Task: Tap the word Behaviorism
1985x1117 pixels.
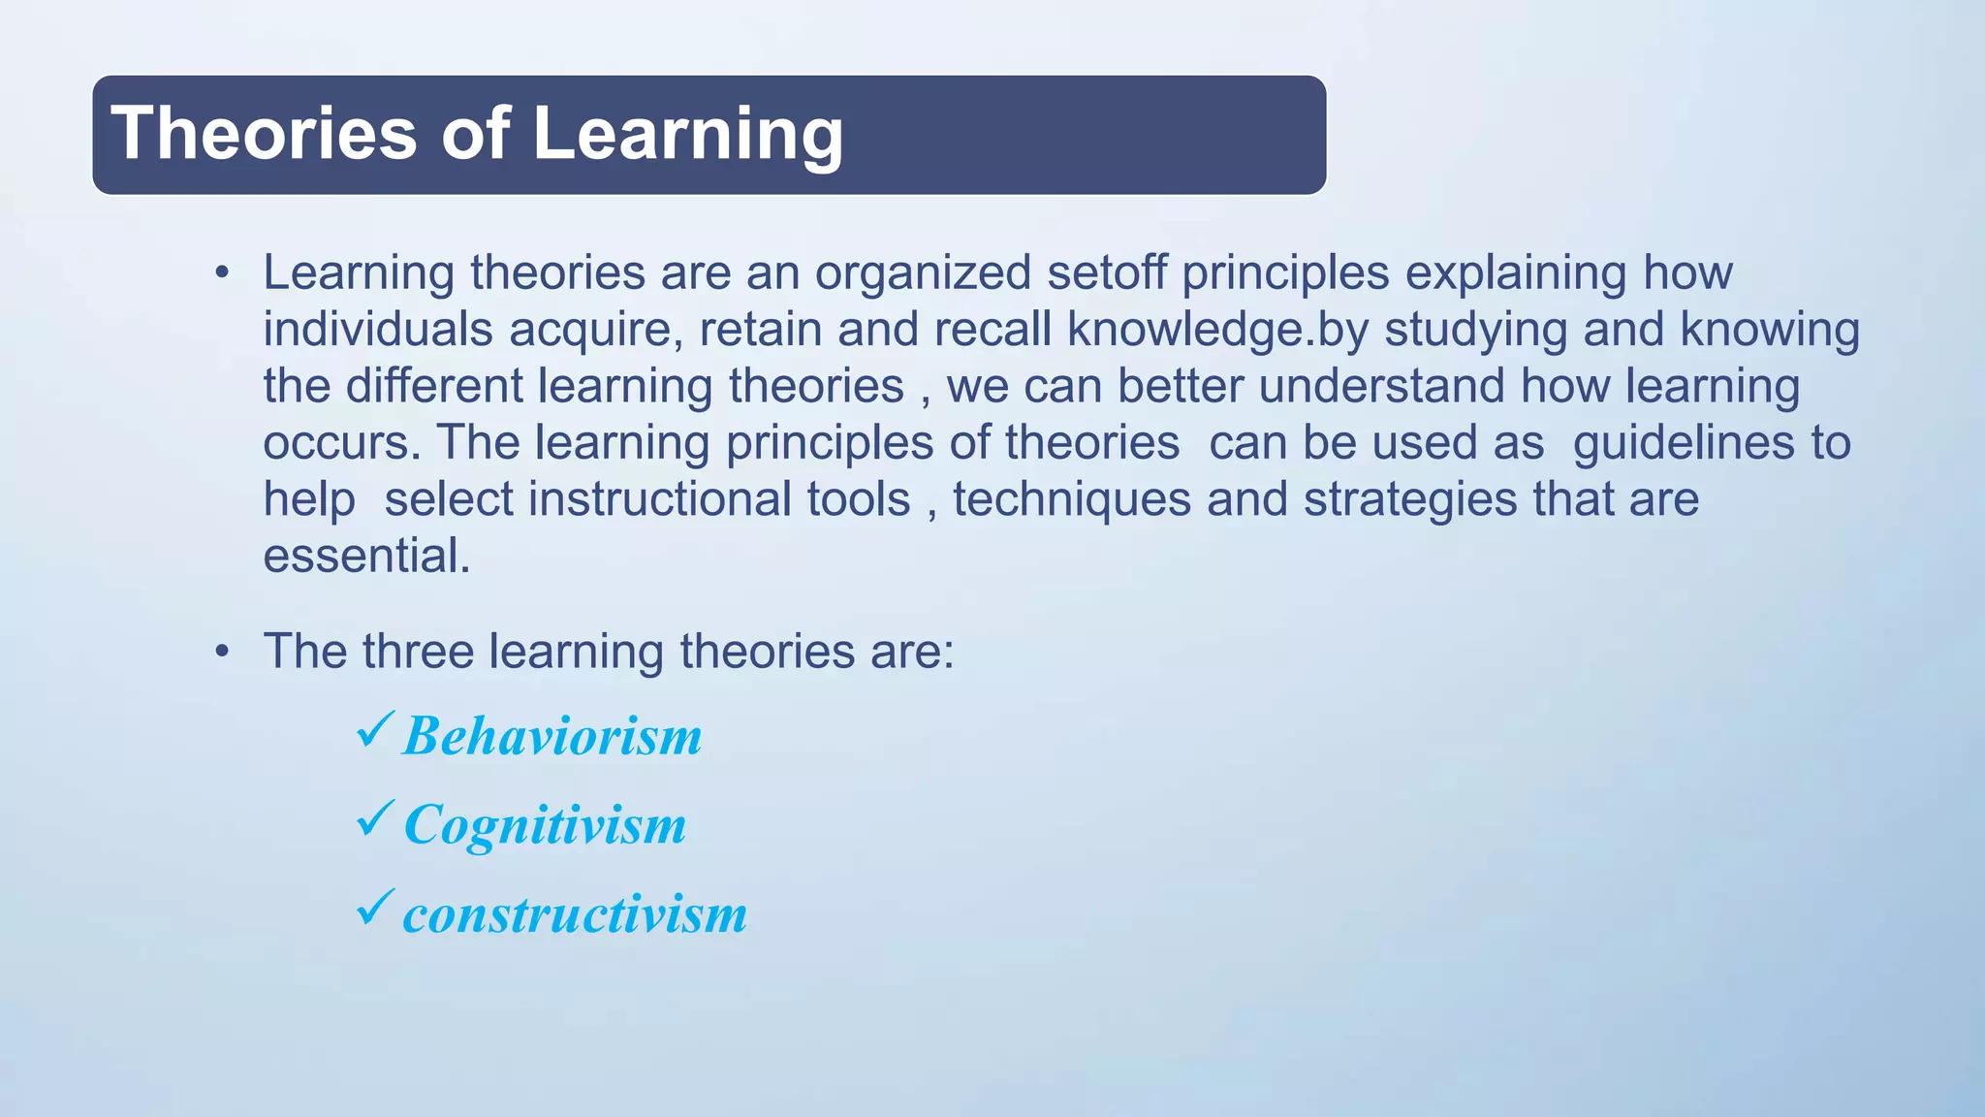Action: (x=552, y=736)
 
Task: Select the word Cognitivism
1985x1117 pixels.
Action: (x=545, y=825)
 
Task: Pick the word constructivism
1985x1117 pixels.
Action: (x=575, y=914)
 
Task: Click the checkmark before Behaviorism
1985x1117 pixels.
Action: (x=375, y=729)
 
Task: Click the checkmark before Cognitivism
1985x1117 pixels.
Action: (x=375, y=818)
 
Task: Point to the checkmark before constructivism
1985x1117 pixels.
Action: (x=375, y=908)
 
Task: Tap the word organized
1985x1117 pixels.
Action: (x=923, y=272)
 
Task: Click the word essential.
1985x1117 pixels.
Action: (x=366, y=557)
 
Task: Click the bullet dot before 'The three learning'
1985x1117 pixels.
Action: (x=222, y=652)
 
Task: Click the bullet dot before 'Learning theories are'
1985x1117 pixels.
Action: (x=222, y=273)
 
